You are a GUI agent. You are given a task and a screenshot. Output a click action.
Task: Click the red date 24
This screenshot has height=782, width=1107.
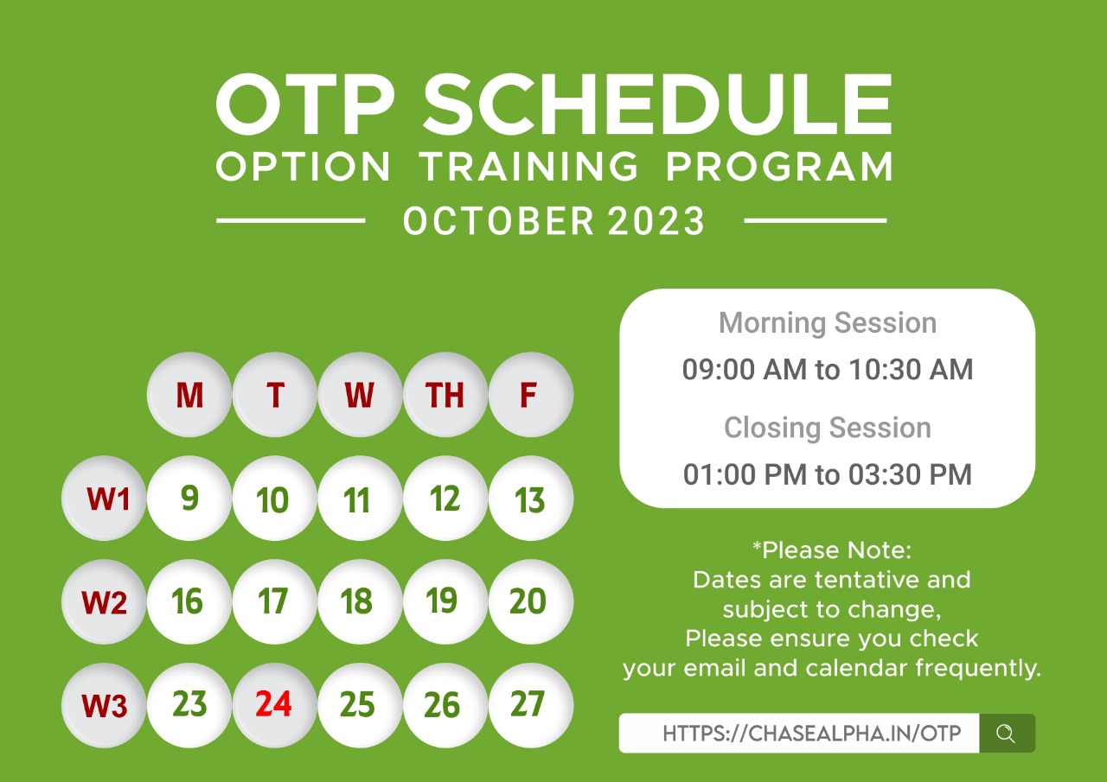coord(274,704)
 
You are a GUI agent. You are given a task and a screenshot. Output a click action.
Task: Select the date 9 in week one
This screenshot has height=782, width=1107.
coord(189,498)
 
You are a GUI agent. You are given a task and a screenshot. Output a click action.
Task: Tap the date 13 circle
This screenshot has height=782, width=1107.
coord(531,498)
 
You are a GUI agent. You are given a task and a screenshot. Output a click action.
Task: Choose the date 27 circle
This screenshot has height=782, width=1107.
coord(531,704)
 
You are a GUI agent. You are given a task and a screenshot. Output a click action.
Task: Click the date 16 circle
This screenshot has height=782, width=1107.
coord(189,601)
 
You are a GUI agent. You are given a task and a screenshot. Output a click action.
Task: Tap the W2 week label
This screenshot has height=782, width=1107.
coord(104,601)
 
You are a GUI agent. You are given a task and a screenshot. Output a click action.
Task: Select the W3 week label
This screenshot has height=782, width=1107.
coord(104,704)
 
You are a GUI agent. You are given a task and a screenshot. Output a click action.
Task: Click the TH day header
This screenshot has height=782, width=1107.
coord(445,394)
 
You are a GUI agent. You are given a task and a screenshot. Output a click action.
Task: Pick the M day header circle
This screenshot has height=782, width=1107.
coord(189,394)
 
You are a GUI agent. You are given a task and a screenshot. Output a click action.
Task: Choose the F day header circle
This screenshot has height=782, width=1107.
coord(531,394)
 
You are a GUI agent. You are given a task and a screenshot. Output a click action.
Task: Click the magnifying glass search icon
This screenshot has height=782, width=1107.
coord(1006,734)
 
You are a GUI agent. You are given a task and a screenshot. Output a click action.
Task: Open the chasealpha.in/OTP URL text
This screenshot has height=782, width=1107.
coord(812,734)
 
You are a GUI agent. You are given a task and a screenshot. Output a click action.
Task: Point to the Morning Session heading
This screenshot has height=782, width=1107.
coord(828,323)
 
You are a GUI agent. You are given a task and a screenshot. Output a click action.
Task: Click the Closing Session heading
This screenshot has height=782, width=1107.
coord(828,428)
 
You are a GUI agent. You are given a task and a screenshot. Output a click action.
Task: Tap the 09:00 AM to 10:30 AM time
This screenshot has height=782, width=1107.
coord(828,369)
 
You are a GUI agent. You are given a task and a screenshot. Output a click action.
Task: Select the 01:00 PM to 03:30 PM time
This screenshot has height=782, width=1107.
coord(828,474)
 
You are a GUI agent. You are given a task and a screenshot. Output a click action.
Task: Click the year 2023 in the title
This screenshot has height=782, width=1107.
coord(656,220)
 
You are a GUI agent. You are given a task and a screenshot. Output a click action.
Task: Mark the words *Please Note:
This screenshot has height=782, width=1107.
coord(832,550)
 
